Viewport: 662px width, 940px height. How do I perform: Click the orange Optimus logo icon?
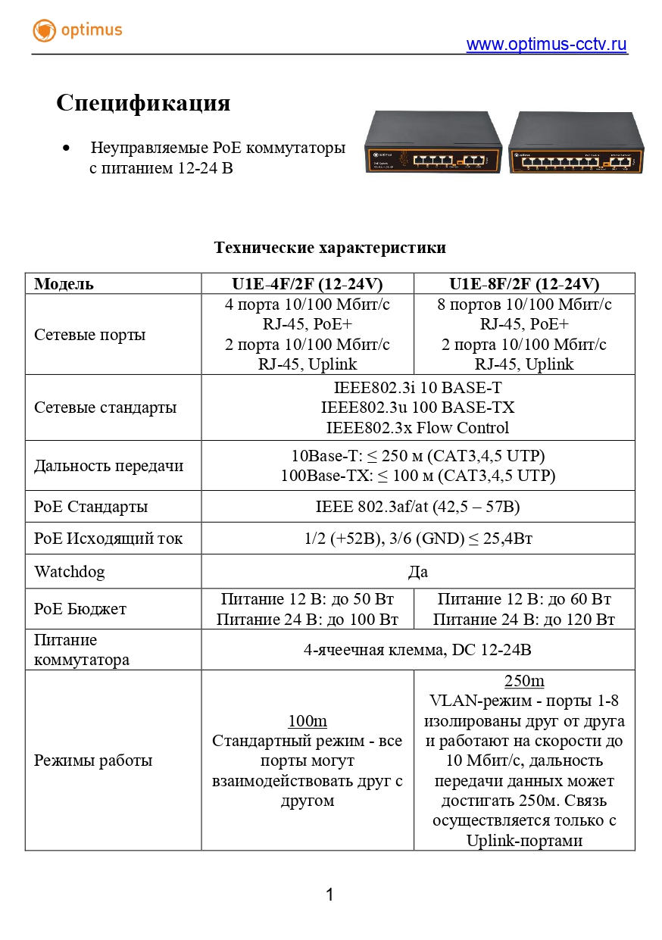[45, 31]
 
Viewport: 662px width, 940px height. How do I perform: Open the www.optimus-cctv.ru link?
[546, 45]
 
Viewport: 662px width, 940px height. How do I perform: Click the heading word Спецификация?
[143, 103]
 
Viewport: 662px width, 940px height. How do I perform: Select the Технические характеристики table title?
[329, 248]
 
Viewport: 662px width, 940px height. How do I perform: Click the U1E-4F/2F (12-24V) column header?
[307, 284]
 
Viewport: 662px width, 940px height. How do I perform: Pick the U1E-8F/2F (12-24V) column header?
[524, 284]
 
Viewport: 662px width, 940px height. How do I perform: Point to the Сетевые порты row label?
[90, 335]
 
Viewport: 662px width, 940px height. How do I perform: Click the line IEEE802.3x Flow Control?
[417, 427]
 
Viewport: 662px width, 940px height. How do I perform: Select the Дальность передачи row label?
[108, 466]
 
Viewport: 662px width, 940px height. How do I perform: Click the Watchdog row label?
[70, 571]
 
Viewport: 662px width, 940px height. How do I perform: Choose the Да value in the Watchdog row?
[417, 572]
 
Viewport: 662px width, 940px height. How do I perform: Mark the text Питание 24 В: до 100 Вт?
[307, 620]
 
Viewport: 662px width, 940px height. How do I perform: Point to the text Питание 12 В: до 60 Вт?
[524, 599]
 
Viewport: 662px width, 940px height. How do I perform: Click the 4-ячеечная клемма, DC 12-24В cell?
[417, 650]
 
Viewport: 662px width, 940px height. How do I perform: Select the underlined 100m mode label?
[307, 720]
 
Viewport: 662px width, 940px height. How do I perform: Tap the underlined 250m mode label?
[524, 680]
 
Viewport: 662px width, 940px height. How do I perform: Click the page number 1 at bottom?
[329, 895]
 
